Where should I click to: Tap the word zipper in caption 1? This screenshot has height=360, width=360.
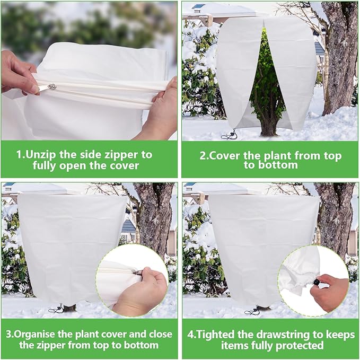click(134, 155)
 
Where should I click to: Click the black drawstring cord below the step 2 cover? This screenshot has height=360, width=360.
click(229, 136)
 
